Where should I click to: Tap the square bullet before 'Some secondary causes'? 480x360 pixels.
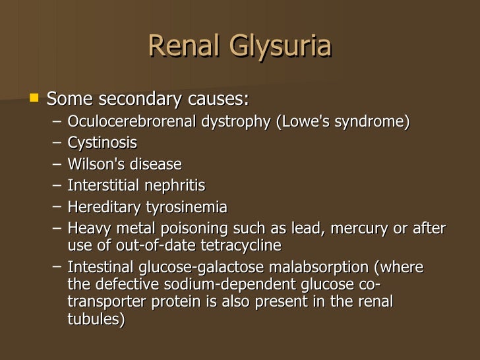(35, 99)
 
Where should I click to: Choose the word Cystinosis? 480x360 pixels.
(102, 143)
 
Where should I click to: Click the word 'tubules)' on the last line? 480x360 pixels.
(96, 319)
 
